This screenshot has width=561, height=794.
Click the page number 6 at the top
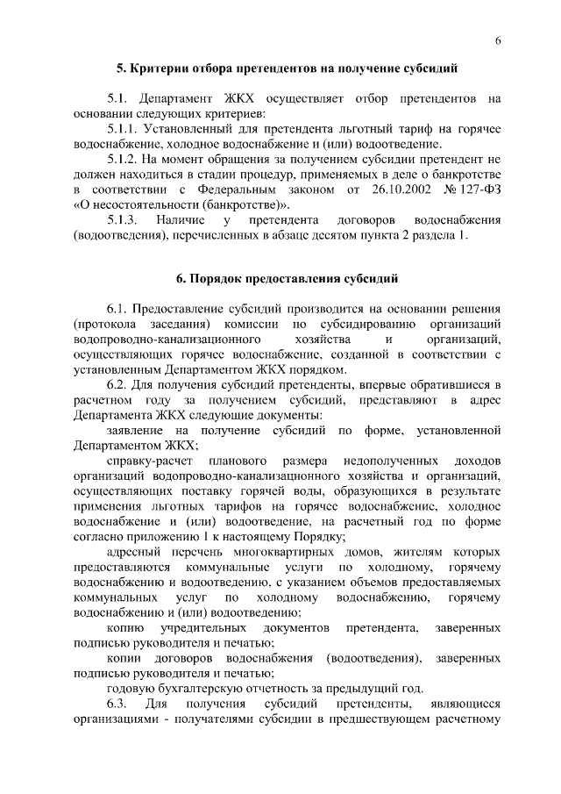(497, 41)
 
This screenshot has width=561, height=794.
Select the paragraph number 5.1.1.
(124, 128)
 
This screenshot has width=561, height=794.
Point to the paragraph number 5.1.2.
(124, 160)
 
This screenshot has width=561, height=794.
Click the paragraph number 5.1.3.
(124, 222)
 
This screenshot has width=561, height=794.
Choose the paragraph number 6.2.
(119, 385)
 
